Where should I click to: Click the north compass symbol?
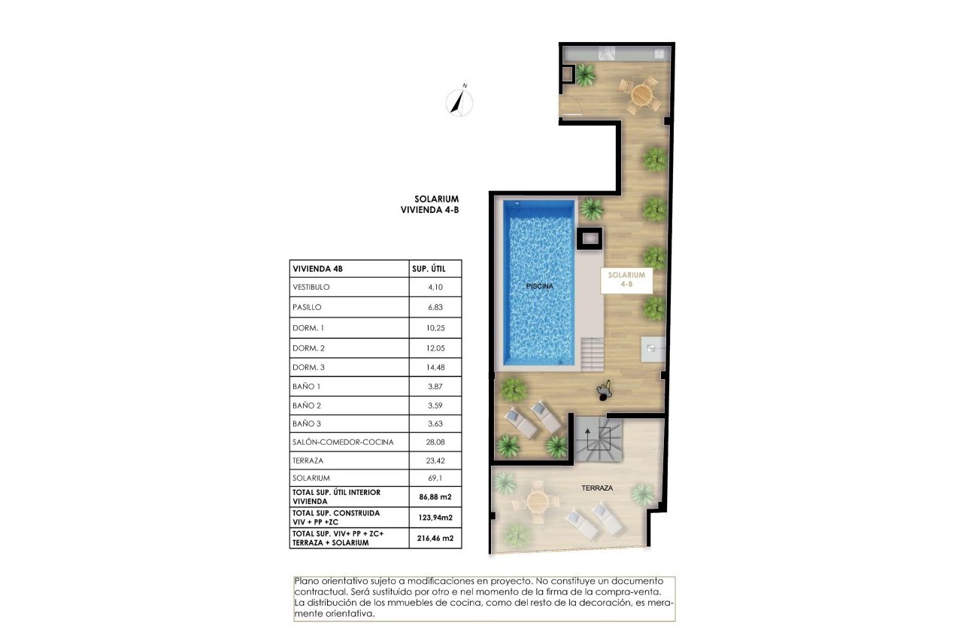click(x=459, y=102)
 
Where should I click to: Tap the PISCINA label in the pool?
click(x=539, y=287)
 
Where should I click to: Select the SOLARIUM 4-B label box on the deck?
click(x=626, y=280)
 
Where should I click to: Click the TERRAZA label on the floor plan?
click(x=597, y=488)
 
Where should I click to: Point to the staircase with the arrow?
click(x=599, y=439)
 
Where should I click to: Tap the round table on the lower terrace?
click(x=538, y=500)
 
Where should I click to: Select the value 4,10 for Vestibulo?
click(x=435, y=287)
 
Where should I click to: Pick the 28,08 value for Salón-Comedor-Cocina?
click(x=435, y=442)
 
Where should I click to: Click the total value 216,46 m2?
click(x=435, y=539)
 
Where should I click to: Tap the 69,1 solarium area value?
click(x=435, y=478)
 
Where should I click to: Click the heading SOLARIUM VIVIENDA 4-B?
click(x=430, y=205)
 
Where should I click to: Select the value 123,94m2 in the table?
click(x=435, y=518)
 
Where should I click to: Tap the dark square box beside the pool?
click(x=589, y=238)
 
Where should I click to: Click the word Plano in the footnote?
click(x=307, y=582)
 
